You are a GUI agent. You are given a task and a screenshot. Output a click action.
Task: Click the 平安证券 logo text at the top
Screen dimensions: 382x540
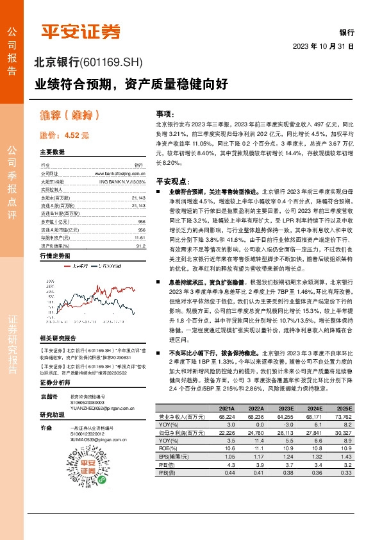click(81, 31)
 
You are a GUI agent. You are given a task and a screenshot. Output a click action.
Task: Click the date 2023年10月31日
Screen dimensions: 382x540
click(324, 47)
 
